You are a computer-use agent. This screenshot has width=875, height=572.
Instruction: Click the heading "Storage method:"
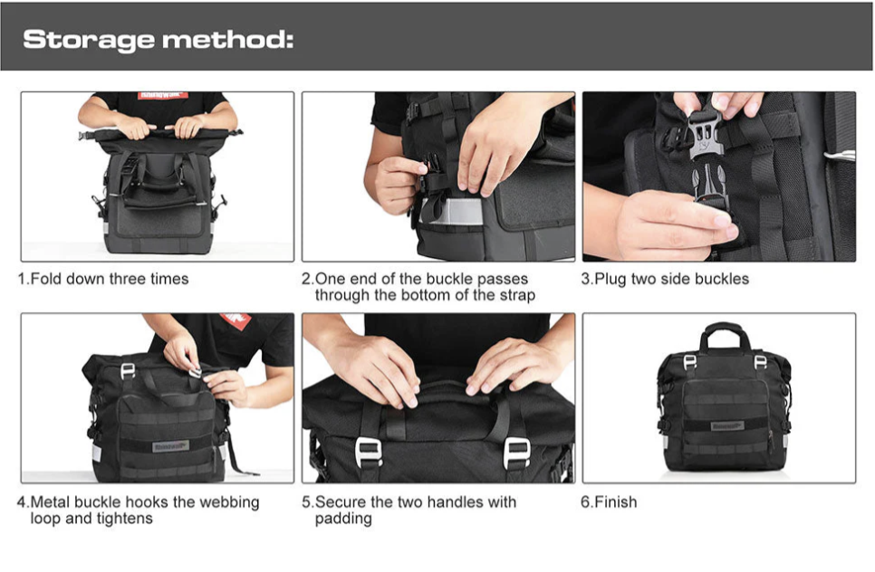[159, 40]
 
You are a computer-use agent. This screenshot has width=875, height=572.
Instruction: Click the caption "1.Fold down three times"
[103, 279]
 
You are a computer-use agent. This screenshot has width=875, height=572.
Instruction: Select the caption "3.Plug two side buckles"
[665, 279]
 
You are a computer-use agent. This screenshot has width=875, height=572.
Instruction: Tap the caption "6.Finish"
[609, 501]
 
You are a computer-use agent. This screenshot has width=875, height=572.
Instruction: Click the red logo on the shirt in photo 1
[162, 95]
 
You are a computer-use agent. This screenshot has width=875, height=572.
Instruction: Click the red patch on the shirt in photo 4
[235, 323]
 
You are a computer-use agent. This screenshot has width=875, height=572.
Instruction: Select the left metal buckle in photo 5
[369, 450]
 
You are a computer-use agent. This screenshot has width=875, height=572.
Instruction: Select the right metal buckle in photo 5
[516, 450]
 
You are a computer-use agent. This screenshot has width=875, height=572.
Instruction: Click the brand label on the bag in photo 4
[170, 446]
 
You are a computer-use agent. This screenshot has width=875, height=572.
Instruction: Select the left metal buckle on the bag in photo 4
[128, 372]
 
